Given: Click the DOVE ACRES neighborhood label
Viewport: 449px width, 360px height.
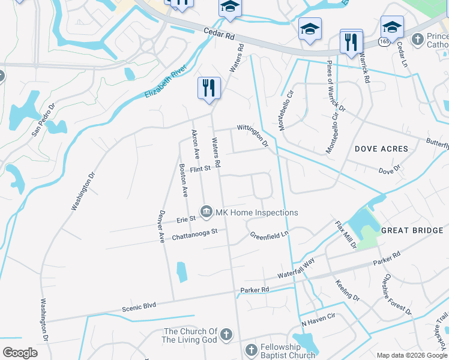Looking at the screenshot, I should click(381, 149).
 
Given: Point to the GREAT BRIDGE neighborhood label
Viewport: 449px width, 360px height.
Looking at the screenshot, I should click(412, 230).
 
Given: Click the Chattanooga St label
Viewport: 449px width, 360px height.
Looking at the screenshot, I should click(194, 235).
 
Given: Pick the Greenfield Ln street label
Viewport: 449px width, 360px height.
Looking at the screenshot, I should click(270, 235).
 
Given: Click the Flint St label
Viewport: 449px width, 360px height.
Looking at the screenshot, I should click(200, 169).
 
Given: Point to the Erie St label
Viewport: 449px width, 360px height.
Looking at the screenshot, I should click(186, 220).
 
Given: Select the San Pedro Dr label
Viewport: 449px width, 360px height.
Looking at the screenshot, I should click(43, 119).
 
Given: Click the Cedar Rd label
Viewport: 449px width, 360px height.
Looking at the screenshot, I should click(218, 33).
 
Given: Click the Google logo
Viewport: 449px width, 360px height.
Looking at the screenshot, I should click(20, 352).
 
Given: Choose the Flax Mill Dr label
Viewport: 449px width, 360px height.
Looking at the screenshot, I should click(346, 235).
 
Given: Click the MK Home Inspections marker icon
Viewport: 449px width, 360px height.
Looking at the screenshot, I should click(206, 211).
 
